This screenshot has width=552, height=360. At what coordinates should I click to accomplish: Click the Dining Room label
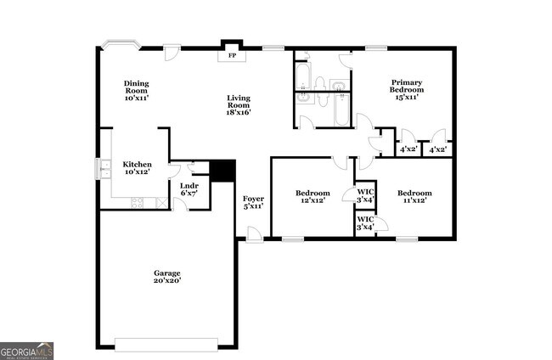[x=137, y=91]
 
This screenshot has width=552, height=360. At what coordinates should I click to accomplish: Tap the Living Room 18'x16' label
[x=238, y=104]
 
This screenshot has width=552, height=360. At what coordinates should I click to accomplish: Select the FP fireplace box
[x=232, y=56]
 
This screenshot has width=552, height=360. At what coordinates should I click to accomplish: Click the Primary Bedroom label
[x=406, y=89]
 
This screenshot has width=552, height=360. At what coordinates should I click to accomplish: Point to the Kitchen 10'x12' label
[x=137, y=168]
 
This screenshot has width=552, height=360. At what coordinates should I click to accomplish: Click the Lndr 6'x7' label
[x=189, y=189]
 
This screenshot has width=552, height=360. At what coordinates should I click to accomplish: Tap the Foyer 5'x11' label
[x=253, y=202]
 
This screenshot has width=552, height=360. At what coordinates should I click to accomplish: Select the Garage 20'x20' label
[x=166, y=277]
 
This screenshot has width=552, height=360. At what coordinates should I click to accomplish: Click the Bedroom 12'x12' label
[x=313, y=197]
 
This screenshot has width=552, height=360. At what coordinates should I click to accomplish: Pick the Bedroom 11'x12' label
[x=414, y=197]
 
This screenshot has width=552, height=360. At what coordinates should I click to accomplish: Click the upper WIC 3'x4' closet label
[x=365, y=195]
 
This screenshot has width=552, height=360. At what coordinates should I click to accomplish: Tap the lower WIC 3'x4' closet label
[x=365, y=222]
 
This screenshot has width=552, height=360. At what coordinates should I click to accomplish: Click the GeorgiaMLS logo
[x=27, y=351]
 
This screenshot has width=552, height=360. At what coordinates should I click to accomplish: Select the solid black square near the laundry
[x=222, y=171]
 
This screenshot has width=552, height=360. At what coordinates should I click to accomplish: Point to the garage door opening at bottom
[x=166, y=344]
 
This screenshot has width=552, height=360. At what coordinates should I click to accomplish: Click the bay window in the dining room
[x=120, y=44]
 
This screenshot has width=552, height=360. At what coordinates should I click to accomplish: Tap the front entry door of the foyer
[x=254, y=235]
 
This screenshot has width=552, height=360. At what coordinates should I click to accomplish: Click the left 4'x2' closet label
[x=408, y=149]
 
